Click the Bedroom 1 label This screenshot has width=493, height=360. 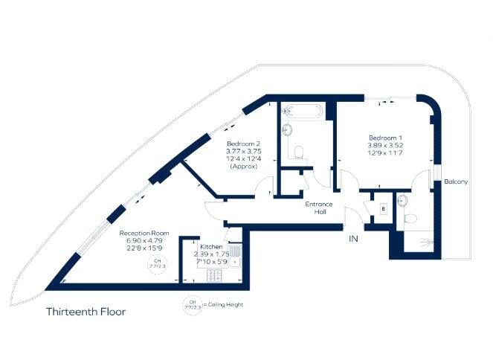pyautogui.click(x=386, y=138)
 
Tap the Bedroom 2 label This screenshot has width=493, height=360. pyautogui.click(x=242, y=143)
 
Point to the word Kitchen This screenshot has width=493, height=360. pyautogui.click(x=211, y=245)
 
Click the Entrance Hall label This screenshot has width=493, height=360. pyautogui.click(x=318, y=208)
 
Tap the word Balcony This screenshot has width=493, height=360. pyautogui.click(x=455, y=182)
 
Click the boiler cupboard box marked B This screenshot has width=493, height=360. pyautogui.click(x=382, y=209)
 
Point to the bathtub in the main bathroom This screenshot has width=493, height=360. pyautogui.click(x=301, y=112)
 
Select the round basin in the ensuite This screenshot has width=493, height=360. pyautogui.click(x=402, y=199)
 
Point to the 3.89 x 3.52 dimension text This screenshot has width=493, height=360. pyautogui.click(x=386, y=147)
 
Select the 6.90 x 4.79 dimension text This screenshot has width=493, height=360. pyautogui.click(x=145, y=241)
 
